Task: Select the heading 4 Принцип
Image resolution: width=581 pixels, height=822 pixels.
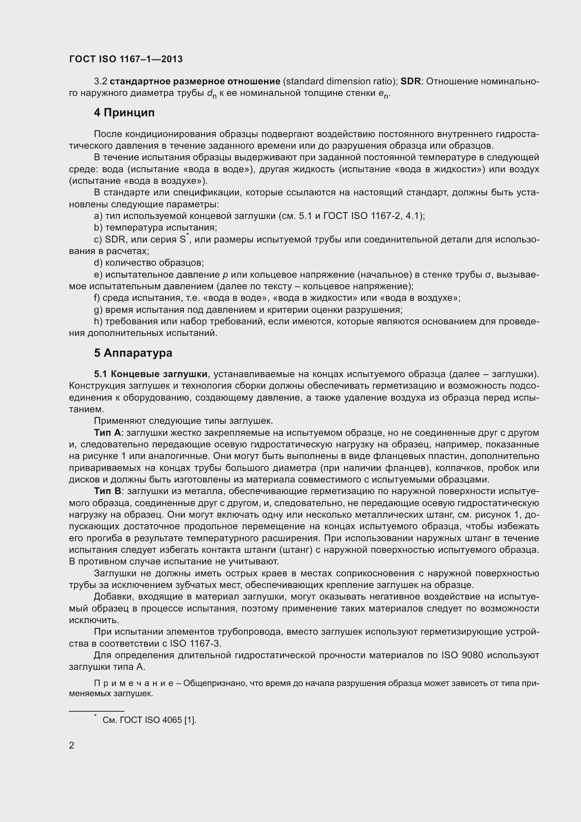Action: (x=124, y=113)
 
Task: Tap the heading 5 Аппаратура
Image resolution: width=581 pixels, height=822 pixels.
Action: (x=133, y=353)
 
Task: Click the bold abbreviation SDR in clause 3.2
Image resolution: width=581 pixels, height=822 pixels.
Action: (x=411, y=82)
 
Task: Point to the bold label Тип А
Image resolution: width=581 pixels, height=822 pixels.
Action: (x=108, y=433)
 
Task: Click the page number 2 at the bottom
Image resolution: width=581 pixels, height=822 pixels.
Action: (x=72, y=745)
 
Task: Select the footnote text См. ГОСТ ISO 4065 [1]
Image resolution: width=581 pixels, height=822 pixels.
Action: (x=149, y=720)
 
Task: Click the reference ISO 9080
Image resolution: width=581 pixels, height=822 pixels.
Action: (x=462, y=655)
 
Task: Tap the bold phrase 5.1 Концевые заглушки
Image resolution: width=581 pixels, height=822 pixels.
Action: (x=151, y=374)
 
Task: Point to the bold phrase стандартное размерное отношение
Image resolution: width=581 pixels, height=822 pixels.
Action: (x=195, y=82)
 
